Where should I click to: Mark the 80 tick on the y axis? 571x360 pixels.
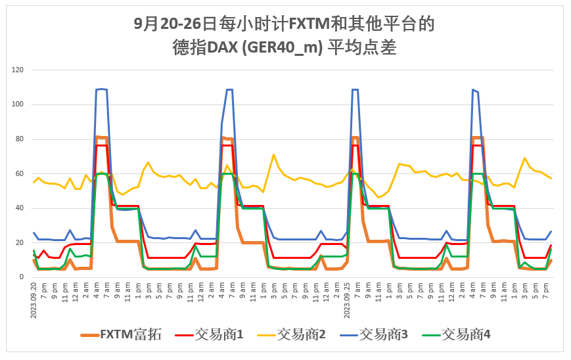(x=19, y=139)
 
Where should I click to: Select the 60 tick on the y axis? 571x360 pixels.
(x=19, y=173)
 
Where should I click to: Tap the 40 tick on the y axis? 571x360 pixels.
(x=19, y=208)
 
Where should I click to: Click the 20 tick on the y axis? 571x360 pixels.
(x=19, y=243)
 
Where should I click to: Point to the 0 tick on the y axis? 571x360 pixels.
(x=21, y=277)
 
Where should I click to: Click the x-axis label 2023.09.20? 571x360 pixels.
(x=34, y=300)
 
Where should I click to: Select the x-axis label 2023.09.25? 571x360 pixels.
(x=346, y=300)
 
